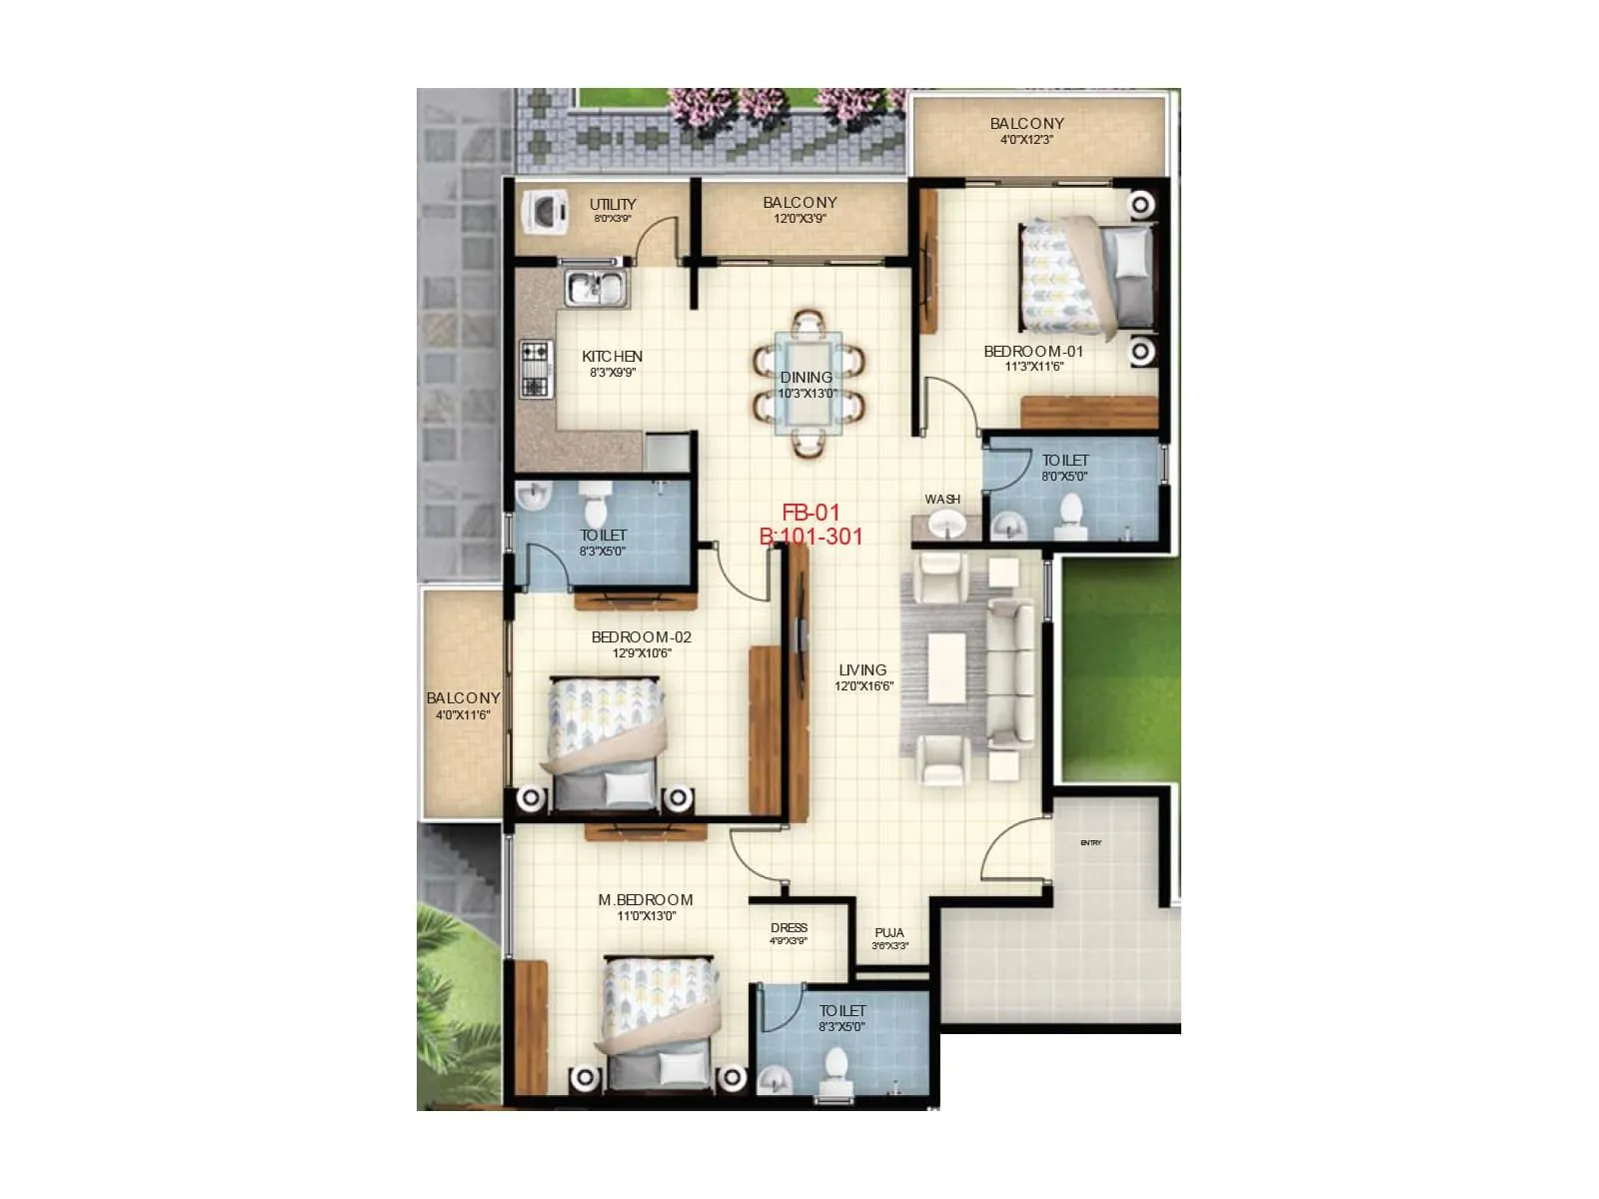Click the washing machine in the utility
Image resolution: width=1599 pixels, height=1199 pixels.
click(545, 213)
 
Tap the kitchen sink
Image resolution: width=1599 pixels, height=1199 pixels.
click(596, 288)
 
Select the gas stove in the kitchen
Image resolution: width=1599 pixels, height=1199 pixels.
click(536, 369)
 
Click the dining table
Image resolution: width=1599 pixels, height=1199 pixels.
click(808, 384)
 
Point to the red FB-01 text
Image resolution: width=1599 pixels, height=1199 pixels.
click(810, 514)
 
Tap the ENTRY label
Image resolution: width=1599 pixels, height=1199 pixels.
click(1090, 843)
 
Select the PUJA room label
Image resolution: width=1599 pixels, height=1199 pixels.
click(889, 932)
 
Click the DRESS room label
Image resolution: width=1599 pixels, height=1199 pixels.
click(789, 928)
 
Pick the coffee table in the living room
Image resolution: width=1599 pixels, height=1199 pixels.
click(946, 667)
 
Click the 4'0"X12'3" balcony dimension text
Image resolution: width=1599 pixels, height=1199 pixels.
click(1026, 140)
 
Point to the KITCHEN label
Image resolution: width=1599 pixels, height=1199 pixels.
click(612, 357)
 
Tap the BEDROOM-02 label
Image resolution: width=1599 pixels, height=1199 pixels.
click(641, 637)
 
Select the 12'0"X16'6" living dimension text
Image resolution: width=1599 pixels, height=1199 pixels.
click(863, 686)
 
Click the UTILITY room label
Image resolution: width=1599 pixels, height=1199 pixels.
click(613, 204)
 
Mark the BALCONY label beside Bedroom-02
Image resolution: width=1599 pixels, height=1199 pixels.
click(463, 698)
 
